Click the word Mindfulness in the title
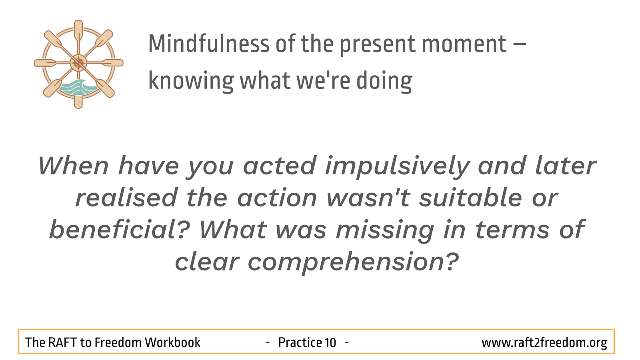coord(209,44)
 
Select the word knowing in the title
coord(191,81)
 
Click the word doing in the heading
coord(384,81)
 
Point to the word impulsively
coord(398,167)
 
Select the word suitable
coord(470,197)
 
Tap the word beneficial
coord(120,229)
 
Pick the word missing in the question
coord(385,231)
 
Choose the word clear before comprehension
coord(207,261)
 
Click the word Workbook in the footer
coord(172,342)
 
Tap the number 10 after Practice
coord(330,342)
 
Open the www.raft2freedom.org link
coord(544,343)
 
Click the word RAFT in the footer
coord(62,342)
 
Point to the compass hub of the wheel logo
coord(78,63)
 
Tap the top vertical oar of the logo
coord(78,32)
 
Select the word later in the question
coord(566,166)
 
